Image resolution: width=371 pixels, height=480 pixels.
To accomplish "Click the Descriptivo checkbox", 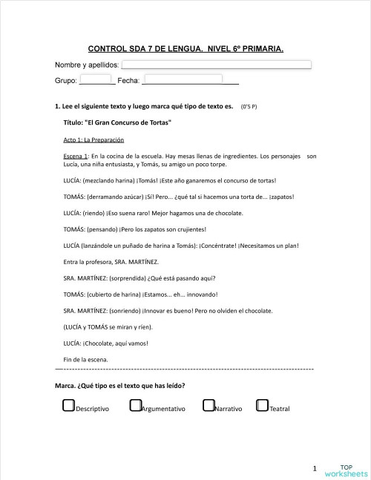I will coord(68,406).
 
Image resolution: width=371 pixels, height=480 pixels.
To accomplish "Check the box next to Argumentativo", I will coord(135,406).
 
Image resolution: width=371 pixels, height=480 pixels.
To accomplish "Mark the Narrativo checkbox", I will coord(209,406).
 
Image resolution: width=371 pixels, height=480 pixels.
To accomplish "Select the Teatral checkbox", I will coord(261,406).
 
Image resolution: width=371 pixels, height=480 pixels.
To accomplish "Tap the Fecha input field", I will coord(183,79).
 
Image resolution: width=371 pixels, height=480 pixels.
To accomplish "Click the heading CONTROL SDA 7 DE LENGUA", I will coord(185,49).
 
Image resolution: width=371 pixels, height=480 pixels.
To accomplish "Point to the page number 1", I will coord(315,468).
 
